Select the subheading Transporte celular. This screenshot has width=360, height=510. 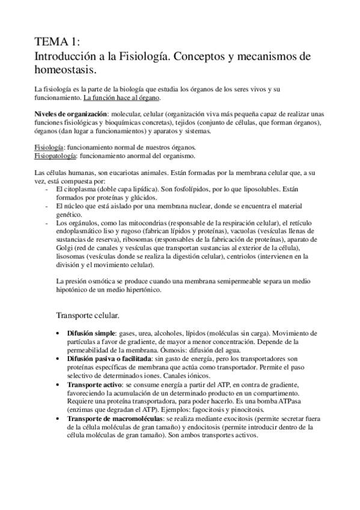click(x=87, y=315)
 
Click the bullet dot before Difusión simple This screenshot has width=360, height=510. click(x=57, y=333)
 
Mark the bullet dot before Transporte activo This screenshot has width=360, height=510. click(x=57, y=383)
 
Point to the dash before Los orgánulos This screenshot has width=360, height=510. click(x=47, y=223)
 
